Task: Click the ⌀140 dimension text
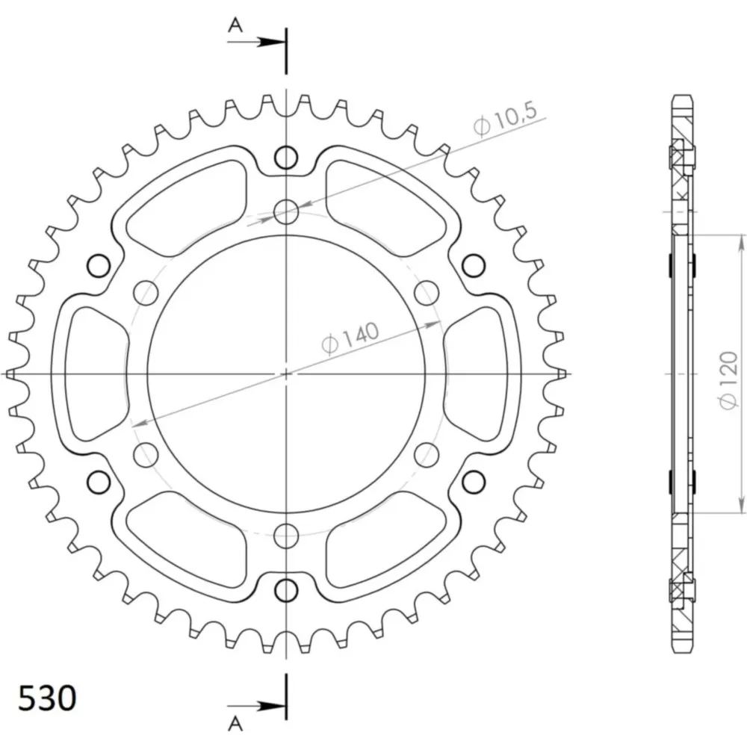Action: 350,338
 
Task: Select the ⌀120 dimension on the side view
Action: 729,380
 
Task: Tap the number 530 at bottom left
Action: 47,698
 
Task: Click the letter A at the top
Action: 235,25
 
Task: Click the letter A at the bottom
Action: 235,724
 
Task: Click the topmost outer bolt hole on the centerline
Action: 286,157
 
